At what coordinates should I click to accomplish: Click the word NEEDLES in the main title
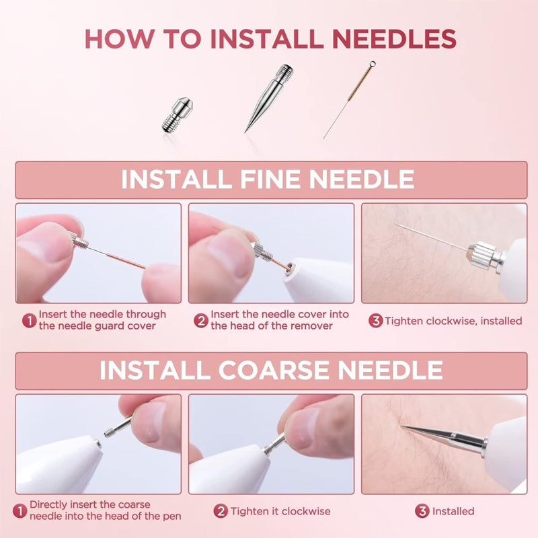(x=394, y=38)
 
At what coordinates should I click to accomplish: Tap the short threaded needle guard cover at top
(x=177, y=114)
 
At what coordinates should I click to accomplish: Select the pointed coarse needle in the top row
(x=269, y=98)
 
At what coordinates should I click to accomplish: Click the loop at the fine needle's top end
(x=373, y=64)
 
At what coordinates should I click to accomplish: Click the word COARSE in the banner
(x=273, y=370)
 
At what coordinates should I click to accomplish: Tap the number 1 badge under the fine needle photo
(x=29, y=321)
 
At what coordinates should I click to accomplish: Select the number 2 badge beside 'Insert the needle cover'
(x=201, y=321)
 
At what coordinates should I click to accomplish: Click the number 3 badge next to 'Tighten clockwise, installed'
(x=376, y=321)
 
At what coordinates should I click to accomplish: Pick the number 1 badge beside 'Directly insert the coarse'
(x=20, y=511)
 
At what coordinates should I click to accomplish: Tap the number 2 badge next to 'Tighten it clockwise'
(x=221, y=511)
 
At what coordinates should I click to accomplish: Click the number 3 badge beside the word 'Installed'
(x=422, y=511)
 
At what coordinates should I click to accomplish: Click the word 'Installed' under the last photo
(x=453, y=511)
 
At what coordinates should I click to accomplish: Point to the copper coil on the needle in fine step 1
(x=126, y=261)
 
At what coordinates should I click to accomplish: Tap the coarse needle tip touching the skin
(x=401, y=426)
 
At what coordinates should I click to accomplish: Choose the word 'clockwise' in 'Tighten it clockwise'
(x=306, y=511)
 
